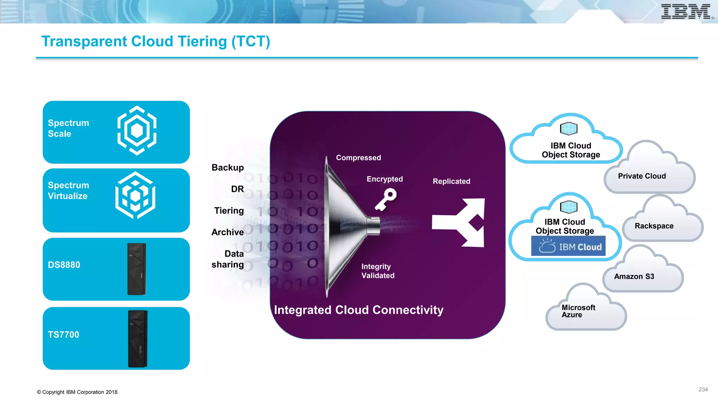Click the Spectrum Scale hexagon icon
(x=137, y=130)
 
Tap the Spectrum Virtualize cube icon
(x=135, y=195)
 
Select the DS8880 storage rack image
(x=137, y=269)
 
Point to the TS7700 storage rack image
(x=137, y=338)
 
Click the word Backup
(x=228, y=168)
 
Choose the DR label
(x=237, y=189)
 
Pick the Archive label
(x=228, y=232)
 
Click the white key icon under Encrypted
(x=386, y=199)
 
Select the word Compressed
(x=358, y=158)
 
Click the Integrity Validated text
(x=378, y=271)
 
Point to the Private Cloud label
(x=642, y=176)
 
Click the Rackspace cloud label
(x=654, y=226)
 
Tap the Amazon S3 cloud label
(x=634, y=276)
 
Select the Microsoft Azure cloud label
(x=578, y=311)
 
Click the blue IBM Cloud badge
(x=568, y=246)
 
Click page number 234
(x=703, y=389)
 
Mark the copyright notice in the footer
(x=78, y=392)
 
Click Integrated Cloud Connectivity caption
(x=358, y=310)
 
